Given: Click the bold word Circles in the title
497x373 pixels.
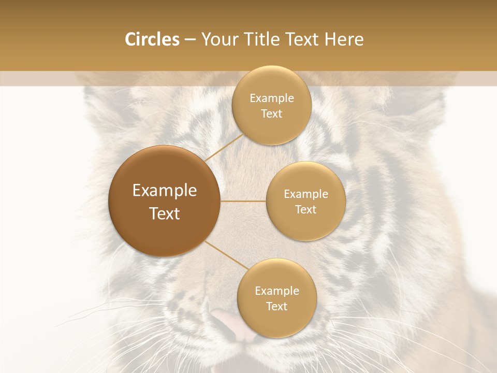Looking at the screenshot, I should click(152, 39).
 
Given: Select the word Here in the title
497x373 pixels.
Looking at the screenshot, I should click(344, 39).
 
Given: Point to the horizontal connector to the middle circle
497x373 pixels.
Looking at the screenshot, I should click(243, 201).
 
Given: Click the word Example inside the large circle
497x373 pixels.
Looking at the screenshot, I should click(165, 191).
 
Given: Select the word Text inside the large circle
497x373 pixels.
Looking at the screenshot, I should click(165, 213).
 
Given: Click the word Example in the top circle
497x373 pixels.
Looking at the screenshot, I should click(272, 98).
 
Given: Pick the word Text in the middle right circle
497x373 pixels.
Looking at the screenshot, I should click(306, 210).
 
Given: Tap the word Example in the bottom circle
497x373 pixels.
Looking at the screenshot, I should click(277, 291).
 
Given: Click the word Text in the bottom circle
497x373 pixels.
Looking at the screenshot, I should click(277, 307).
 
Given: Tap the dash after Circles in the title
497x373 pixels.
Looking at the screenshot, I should click(189, 39).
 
